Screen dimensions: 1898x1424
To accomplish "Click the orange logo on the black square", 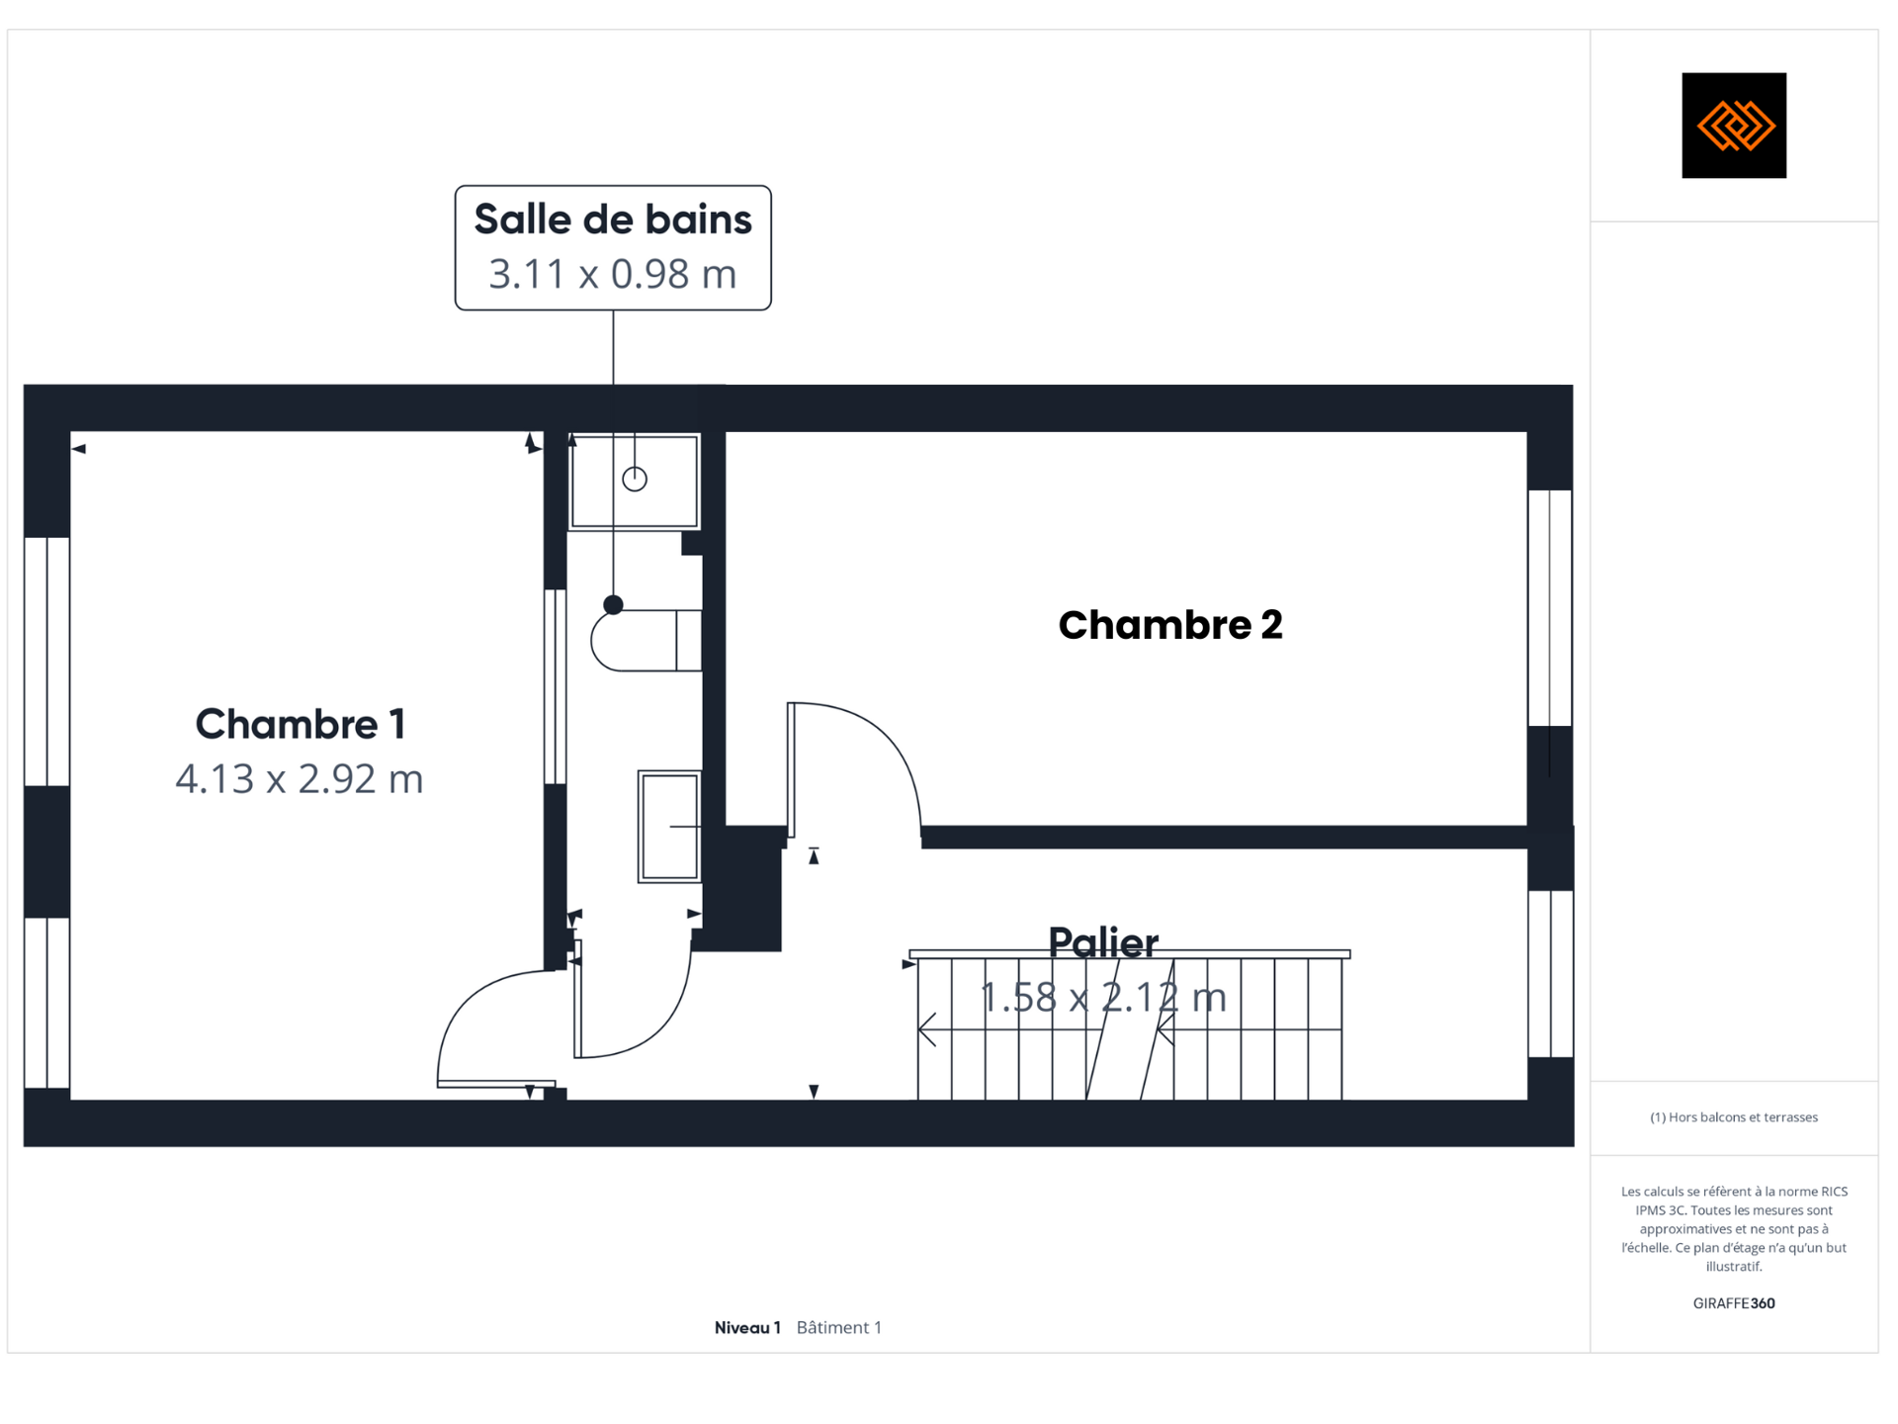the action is [x=1735, y=126].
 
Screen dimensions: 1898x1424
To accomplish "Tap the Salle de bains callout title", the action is [x=613, y=220].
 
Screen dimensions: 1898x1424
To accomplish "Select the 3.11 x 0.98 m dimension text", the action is [x=613, y=274].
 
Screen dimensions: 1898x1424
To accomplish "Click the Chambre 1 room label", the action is [x=301, y=724].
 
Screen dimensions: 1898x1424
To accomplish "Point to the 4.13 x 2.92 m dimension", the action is [x=300, y=779].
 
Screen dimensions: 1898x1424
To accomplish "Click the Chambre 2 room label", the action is [x=1170, y=625].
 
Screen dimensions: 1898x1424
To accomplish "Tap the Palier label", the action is [x=1103, y=942].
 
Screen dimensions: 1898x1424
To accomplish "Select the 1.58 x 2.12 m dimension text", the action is [x=1103, y=997].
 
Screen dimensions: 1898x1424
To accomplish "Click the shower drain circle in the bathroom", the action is [x=635, y=479].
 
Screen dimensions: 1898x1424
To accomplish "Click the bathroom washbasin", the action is [x=669, y=827].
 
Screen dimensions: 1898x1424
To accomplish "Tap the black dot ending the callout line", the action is [x=614, y=604].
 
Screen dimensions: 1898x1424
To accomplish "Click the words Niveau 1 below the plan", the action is [x=747, y=1327].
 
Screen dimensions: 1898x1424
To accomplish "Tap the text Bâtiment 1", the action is [x=839, y=1327].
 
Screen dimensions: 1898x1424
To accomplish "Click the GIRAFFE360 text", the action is [x=1734, y=1303].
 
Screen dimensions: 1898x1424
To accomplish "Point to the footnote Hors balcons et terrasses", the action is [x=1734, y=1117].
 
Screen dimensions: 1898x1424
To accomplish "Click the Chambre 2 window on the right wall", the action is [x=1550, y=608].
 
